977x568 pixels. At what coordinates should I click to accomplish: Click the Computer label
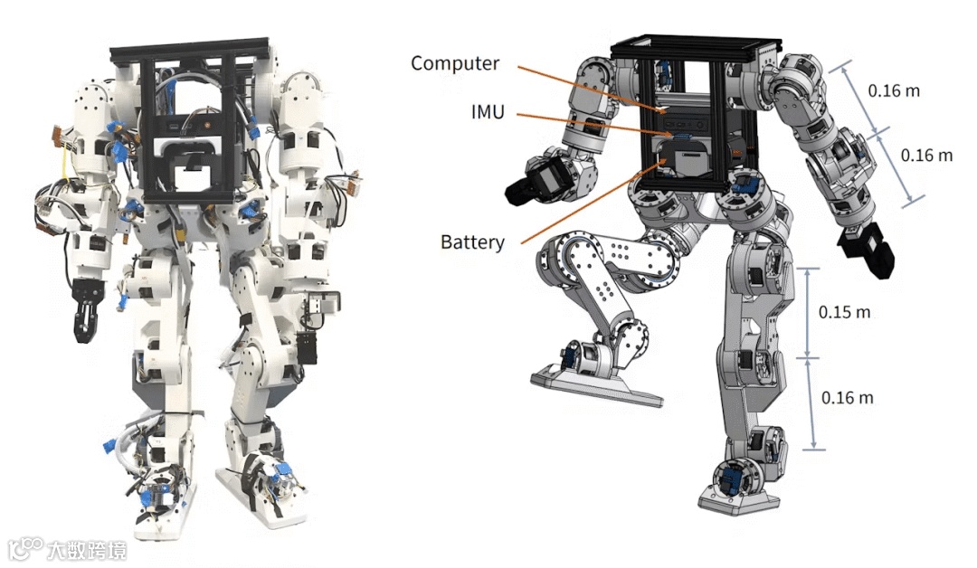tap(454, 63)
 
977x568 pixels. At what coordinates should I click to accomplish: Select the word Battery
tap(472, 242)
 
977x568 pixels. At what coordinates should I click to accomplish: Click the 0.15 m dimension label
tap(844, 312)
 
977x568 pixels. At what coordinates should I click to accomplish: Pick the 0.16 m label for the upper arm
tap(893, 90)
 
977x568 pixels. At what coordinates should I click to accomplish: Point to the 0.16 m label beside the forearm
tap(926, 155)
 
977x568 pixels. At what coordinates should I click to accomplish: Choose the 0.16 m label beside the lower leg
tap(847, 397)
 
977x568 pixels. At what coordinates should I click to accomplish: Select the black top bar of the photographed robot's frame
tap(190, 50)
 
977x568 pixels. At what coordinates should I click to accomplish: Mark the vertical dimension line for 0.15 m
tap(808, 312)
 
